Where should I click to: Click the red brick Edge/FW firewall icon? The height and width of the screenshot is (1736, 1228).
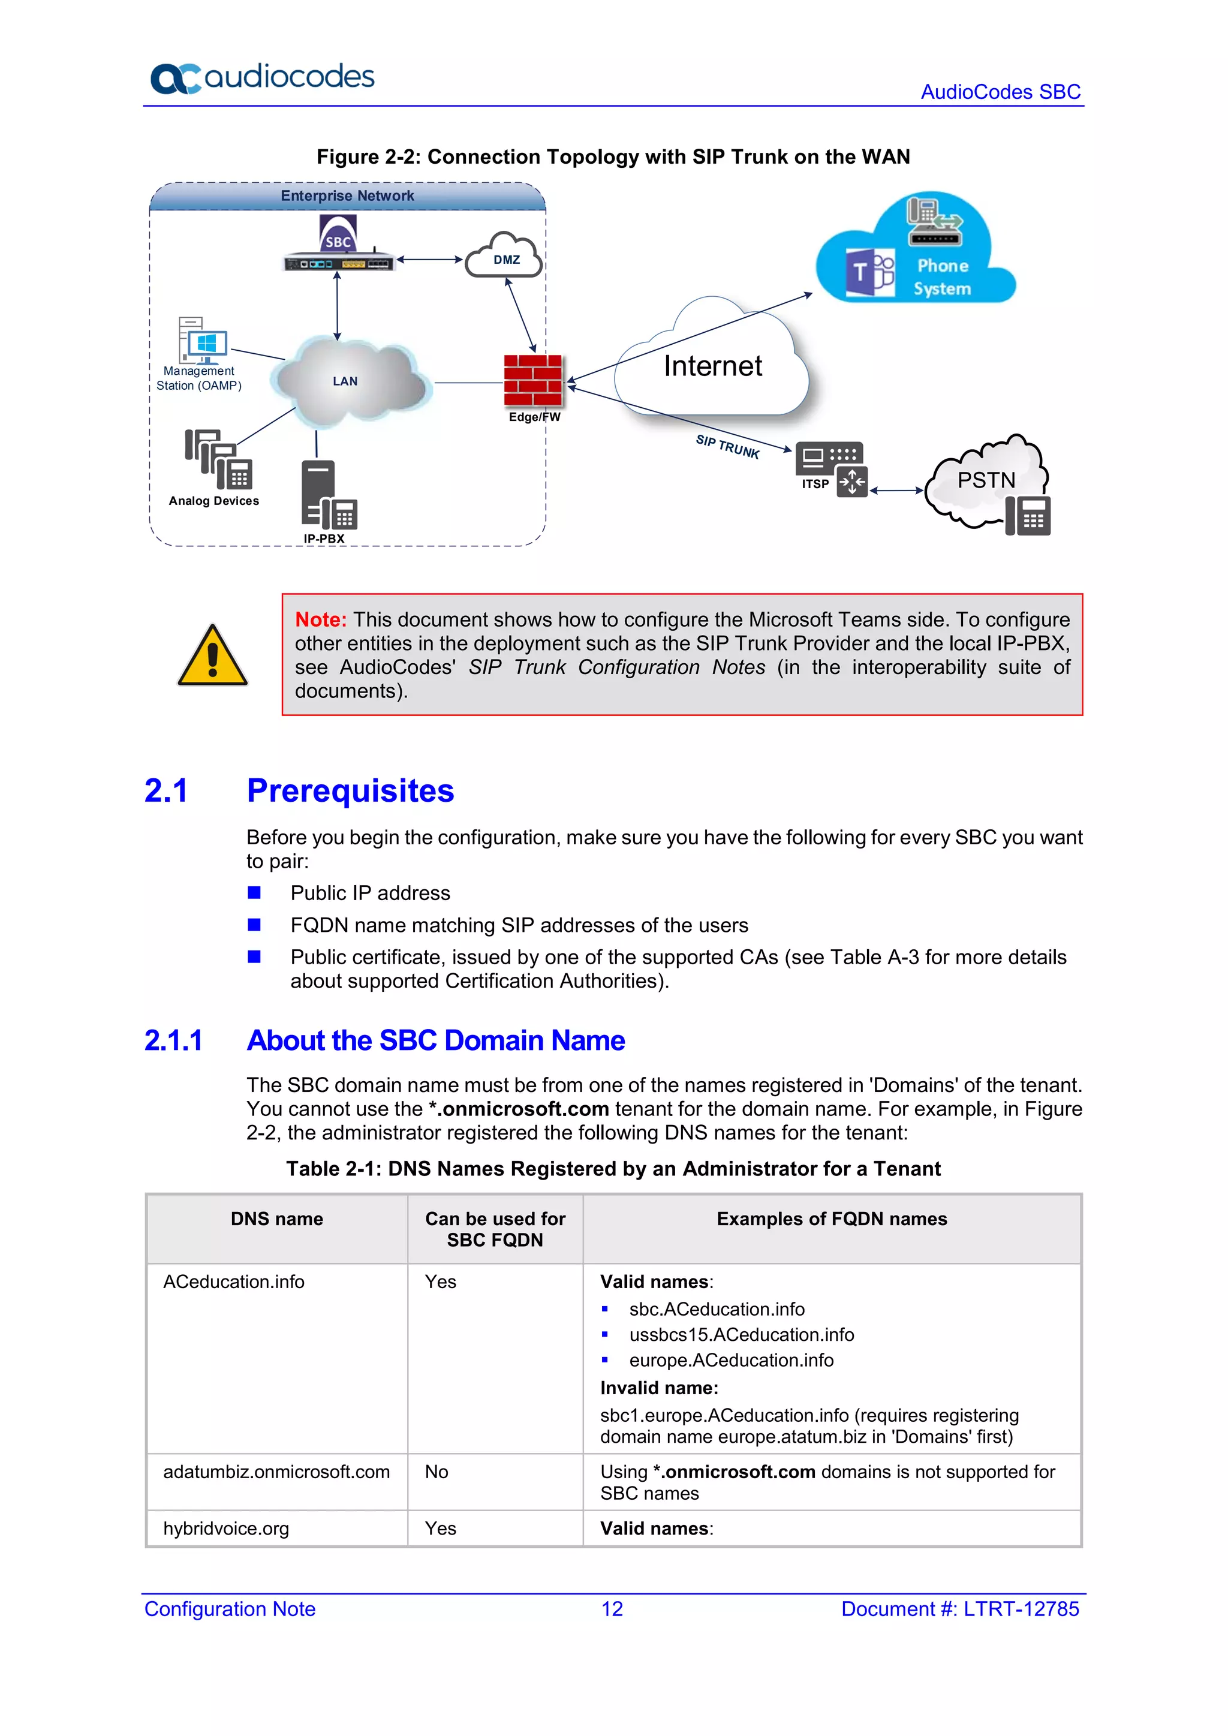pyautogui.click(x=533, y=380)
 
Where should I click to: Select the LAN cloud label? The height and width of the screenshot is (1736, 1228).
pyautogui.click(x=345, y=381)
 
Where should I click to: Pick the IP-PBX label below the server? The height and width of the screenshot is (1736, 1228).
pyautogui.click(x=324, y=538)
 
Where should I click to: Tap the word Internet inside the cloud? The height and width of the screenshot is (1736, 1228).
pyautogui.click(x=712, y=366)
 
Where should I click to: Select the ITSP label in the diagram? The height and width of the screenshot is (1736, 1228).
pyautogui.click(x=814, y=484)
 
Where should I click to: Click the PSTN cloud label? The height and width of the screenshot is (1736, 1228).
pyautogui.click(x=985, y=480)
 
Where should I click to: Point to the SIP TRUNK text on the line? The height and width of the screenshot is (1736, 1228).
pyautogui.click(x=727, y=446)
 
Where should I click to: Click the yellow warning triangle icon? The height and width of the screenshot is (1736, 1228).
pyautogui.click(x=212, y=655)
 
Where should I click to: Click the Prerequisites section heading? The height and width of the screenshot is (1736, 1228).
pyautogui.click(x=350, y=790)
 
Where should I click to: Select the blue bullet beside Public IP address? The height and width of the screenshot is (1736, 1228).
pyautogui.click(x=254, y=893)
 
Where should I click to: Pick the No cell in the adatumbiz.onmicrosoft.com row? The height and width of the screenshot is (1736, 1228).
pyautogui.click(x=437, y=1472)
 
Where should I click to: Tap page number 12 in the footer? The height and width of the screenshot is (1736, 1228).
pyautogui.click(x=612, y=1608)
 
